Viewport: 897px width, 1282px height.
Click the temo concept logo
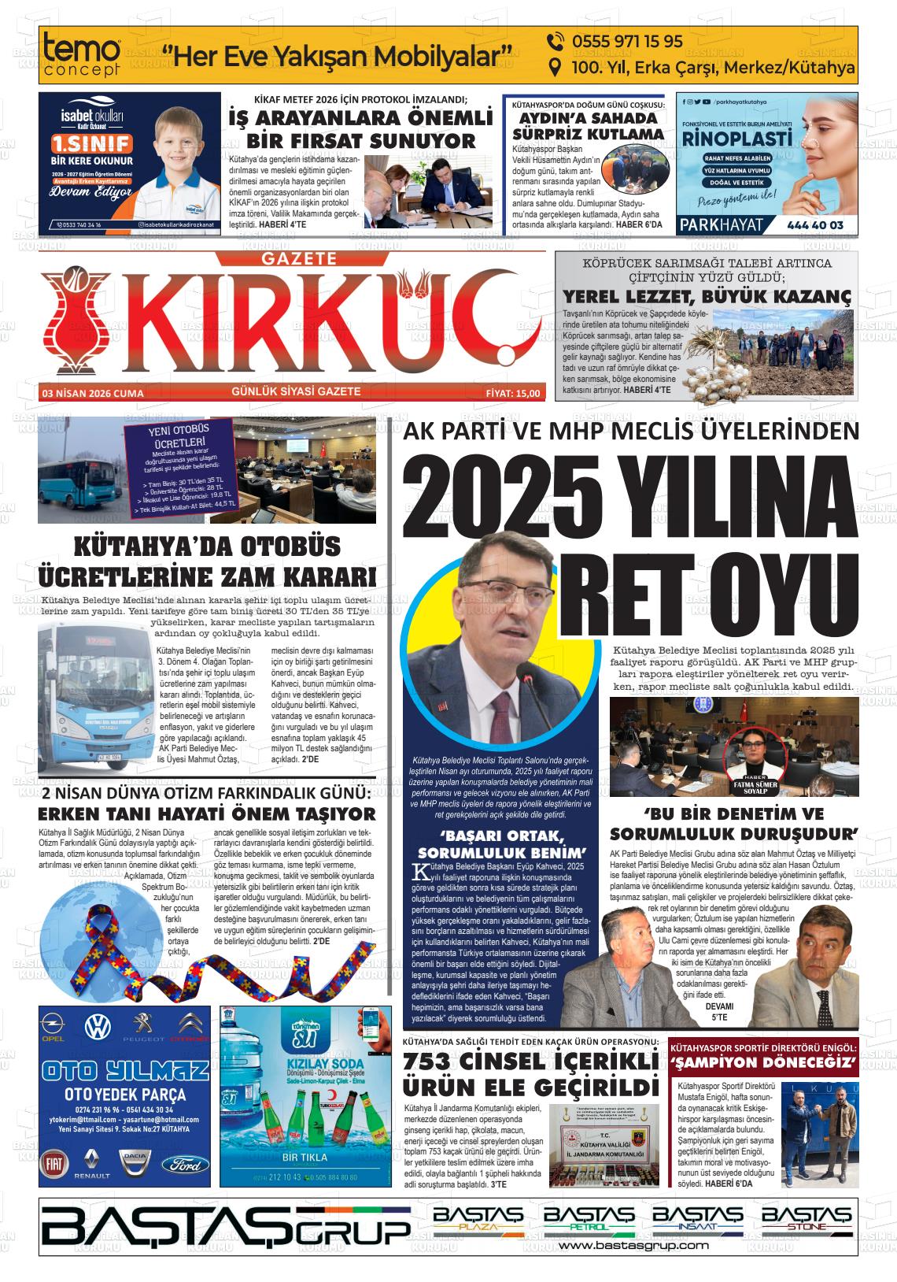(83, 55)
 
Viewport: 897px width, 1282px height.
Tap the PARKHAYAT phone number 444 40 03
(814, 225)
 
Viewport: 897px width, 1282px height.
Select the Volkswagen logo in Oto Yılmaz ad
(98, 1028)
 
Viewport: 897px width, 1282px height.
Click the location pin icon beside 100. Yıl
(554, 68)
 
